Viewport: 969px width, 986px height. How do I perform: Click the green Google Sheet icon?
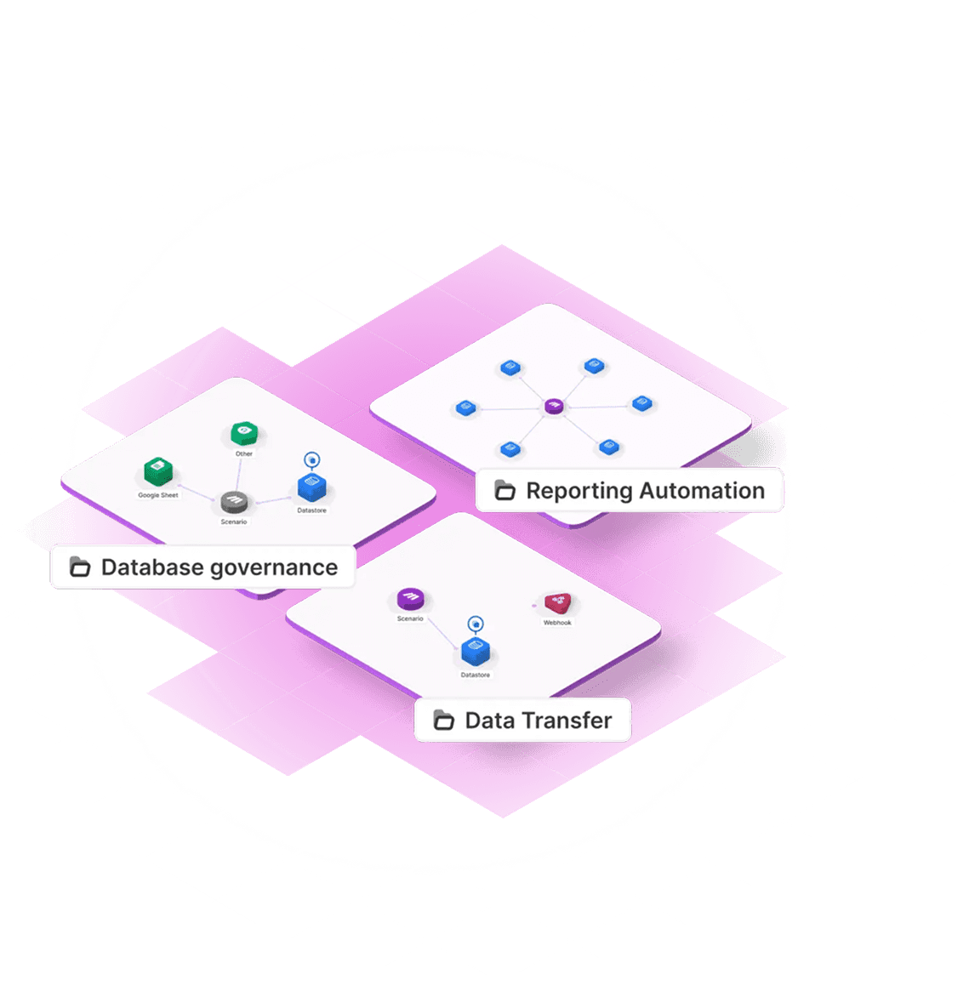pyautogui.click(x=157, y=470)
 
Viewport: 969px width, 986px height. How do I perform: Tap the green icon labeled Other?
pyautogui.click(x=244, y=432)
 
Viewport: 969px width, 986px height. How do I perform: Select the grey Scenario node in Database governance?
pyautogui.click(x=234, y=502)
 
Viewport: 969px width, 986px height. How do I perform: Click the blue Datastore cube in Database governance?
pyautogui.click(x=312, y=488)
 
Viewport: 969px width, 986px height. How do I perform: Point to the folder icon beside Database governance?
pyautogui.click(x=80, y=567)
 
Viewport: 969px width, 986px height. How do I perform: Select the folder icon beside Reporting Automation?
pyautogui.click(x=505, y=491)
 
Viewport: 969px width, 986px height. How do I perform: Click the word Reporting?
pyautogui.click(x=579, y=491)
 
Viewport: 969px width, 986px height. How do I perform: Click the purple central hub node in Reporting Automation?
pyautogui.click(x=554, y=407)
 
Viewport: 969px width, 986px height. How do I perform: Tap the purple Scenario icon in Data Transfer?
pyautogui.click(x=410, y=599)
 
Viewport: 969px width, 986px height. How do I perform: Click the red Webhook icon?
pyautogui.click(x=558, y=603)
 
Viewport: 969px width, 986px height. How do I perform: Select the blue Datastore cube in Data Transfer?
pyautogui.click(x=475, y=652)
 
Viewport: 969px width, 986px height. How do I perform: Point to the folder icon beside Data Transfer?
pyautogui.click(x=443, y=721)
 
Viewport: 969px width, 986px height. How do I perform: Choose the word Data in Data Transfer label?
pyautogui.click(x=484, y=721)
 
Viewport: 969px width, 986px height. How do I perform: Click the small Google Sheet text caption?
pyautogui.click(x=158, y=495)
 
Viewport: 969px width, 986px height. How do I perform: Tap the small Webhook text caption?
pyautogui.click(x=557, y=623)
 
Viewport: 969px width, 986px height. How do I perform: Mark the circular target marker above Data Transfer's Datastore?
pyautogui.click(x=476, y=624)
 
